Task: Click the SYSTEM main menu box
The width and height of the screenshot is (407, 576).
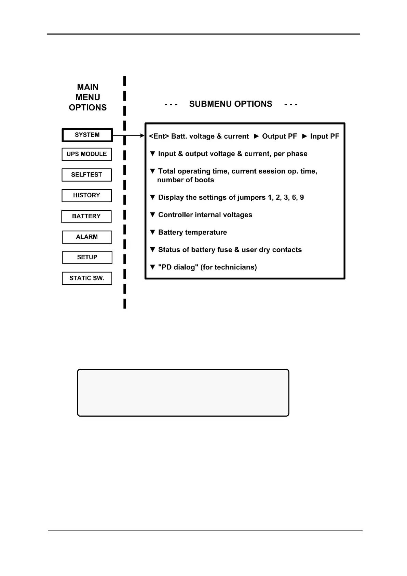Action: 87,135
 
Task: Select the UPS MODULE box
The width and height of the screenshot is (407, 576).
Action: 86,154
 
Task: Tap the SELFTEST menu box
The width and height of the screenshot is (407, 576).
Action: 86,175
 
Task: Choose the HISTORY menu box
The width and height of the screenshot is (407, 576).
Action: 86,195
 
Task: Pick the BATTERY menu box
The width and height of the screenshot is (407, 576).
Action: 86,216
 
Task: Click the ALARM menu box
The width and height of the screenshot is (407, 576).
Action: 87,237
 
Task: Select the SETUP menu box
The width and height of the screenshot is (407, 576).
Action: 87,257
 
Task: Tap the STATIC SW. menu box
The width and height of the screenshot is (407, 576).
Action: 87,278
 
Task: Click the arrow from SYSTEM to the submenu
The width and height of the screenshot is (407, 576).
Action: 129,136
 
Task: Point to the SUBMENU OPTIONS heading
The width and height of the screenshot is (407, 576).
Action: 231,104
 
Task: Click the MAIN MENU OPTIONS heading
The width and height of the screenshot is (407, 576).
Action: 88,97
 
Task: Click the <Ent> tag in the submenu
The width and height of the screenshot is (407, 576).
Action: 159,136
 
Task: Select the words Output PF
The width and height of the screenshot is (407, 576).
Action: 280,136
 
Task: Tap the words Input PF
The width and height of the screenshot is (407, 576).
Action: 325,136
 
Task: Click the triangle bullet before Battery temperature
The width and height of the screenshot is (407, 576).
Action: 153,232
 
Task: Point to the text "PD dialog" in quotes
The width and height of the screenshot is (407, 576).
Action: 178,267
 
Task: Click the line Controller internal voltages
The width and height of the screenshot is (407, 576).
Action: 205,215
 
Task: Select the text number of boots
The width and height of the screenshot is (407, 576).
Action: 186,180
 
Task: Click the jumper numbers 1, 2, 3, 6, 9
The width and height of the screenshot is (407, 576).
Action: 286,197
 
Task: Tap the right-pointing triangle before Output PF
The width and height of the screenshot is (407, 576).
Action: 257,136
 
